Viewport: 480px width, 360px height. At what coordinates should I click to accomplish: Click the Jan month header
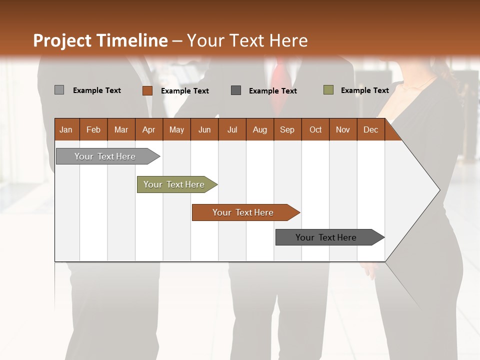66,129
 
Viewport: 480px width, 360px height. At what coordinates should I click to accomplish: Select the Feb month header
93,129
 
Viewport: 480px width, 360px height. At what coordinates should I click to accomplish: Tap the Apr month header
149,129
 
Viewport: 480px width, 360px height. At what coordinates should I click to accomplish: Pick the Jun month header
204,129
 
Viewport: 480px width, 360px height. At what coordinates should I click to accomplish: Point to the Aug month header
260,129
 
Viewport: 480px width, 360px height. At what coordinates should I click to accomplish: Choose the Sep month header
287,129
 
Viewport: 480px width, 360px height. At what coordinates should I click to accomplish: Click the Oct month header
315,129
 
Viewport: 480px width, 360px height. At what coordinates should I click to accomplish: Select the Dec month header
371,129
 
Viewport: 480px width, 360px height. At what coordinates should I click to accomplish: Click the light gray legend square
59,90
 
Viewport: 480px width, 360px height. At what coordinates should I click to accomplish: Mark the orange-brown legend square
147,90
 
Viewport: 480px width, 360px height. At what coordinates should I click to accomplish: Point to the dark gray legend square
236,90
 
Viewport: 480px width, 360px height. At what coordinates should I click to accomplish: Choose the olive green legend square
328,90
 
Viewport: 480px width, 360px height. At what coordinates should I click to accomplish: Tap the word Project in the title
62,40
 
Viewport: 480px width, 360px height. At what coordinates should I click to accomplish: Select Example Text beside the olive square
364,90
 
